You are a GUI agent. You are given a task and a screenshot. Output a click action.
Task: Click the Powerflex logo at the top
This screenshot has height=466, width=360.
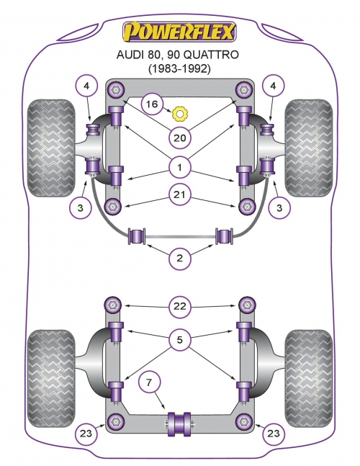click(x=179, y=31)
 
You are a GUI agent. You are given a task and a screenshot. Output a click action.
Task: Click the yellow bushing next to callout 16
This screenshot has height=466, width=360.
click(x=180, y=114)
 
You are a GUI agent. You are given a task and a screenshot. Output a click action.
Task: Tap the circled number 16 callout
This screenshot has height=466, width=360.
click(x=152, y=104)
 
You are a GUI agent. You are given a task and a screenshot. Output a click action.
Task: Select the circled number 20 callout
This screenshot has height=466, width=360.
click(x=179, y=138)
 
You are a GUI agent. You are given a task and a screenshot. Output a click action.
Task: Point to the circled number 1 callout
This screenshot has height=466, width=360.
click(x=179, y=168)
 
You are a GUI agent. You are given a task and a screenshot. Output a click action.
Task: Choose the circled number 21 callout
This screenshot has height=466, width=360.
click(x=179, y=194)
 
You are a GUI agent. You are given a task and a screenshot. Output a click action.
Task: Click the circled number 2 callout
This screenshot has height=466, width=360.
click(x=179, y=258)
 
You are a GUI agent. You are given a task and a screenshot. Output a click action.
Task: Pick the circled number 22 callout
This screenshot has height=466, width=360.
click(x=179, y=306)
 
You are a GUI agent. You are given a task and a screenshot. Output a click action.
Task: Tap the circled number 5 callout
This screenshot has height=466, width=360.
click(x=179, y=339)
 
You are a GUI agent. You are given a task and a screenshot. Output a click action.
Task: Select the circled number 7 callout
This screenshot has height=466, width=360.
click(x=149, y=382)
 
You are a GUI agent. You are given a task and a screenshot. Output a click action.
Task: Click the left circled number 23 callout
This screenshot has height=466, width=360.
click(x=86, y=434)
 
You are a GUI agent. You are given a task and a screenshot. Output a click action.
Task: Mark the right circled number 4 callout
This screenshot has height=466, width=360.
click(x=273, y=86)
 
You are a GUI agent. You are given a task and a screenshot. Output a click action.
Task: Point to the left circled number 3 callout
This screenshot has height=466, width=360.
click(x=80, y=207)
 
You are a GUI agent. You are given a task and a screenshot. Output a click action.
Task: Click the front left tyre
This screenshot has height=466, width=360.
click(x=51, y=148)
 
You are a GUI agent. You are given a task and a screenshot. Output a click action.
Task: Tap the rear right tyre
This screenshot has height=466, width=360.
click(x=309, y=378)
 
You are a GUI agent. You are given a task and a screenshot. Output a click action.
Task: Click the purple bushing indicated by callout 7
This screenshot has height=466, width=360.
click(x=179, y=424)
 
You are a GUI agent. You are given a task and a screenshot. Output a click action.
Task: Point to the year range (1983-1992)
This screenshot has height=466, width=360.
click(x=179, y=69)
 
